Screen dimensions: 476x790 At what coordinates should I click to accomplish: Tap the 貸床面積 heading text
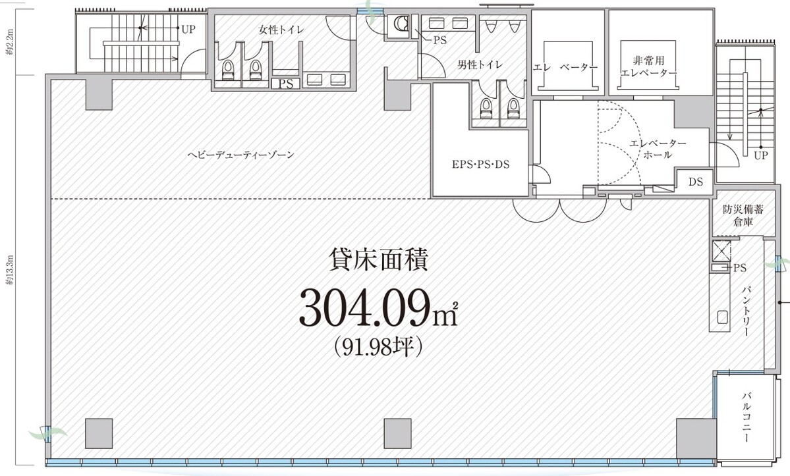tap(378, 260)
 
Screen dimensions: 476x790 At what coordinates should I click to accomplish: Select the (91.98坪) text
tap(378, 346)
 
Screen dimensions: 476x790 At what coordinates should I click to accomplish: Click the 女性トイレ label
tap(281, 29)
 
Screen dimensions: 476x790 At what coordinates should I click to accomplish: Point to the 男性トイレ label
tap(480, 65)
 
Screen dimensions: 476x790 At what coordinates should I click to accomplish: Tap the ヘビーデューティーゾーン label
tap(240, 155)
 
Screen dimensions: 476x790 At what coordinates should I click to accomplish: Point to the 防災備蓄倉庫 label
tap(738, 217)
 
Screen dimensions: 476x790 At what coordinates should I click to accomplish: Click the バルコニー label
tap(747, 417)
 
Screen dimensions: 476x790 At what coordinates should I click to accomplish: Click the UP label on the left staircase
tap(188, 30)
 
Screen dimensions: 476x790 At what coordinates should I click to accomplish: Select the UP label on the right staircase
tap(761, 156)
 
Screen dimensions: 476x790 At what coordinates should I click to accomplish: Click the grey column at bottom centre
tap(397, 432)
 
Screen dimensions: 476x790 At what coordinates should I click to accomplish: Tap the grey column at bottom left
tap(99, 433)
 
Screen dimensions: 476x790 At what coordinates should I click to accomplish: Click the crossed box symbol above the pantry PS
tap(721, 251)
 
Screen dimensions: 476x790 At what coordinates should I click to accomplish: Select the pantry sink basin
tap(721, 319)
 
